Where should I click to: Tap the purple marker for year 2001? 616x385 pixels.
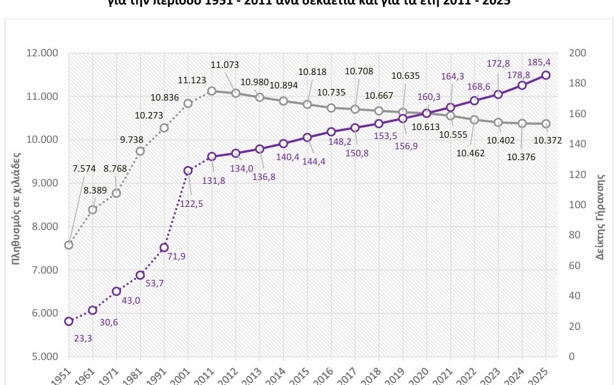point(188,170)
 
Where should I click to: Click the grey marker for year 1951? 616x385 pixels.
point(69,245)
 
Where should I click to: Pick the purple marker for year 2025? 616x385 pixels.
point(546,75)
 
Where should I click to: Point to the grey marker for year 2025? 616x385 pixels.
point(546,124)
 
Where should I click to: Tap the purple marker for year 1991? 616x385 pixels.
point(164,247)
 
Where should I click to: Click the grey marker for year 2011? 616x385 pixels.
point(211,91)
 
